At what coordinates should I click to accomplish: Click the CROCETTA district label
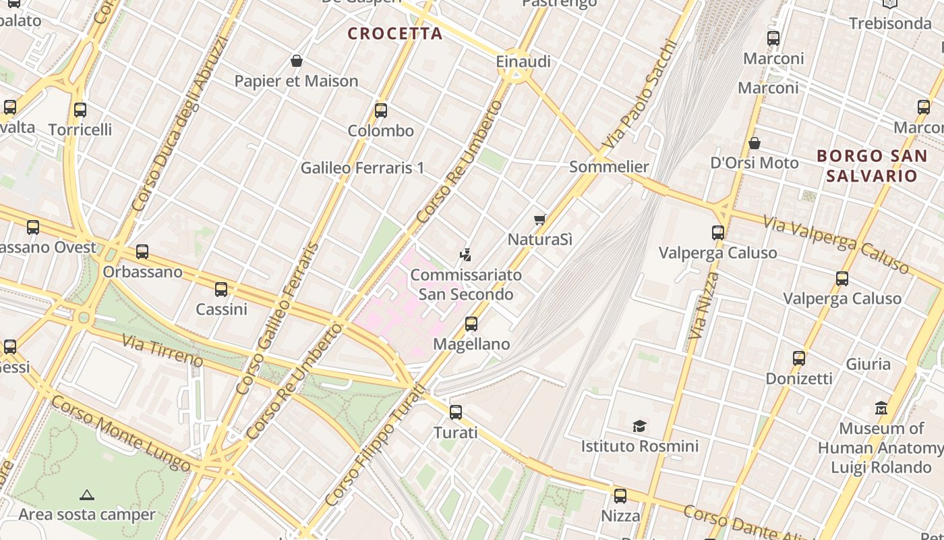pyautogui.click(x=395, y=33)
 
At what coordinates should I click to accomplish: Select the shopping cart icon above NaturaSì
pyautogui.click(x=539, y=219)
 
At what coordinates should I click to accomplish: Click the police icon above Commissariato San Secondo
pyautogui.click(x=465, y=254)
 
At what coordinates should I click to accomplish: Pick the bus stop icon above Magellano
pyautogui.click(x=471, y=324)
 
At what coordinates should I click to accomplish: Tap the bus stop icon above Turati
pyautogui.click(x=456, y=412)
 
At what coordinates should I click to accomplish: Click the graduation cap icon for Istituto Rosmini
pyautogui.click(x=639, y=426)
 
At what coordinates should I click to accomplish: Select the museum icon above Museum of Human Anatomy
pyautogui.click(x=881, y=408)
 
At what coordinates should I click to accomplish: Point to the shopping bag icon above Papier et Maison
pyautogui.click(x=296, y=61)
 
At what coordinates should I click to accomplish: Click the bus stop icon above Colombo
pyautogui.click(x=381, y=111)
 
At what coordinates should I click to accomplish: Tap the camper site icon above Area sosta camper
pyautogui.click(x=86, y=495)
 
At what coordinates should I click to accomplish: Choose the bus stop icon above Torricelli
pyautogui.click(x=80, y=109)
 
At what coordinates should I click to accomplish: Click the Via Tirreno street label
pyautogui.click(x=162, y=349)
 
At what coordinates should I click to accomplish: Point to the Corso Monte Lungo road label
pyautogui.click(x=121, y=433)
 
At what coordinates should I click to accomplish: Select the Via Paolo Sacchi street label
pyautogui.click(x=640, y=94)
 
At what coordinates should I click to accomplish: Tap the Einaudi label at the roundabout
pyautogui.click(x=523, y=61)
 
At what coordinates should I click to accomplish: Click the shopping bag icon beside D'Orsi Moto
pyautogui.click(x=755, y=143)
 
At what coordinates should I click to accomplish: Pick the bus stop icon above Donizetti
pyautogui.click(x=799, y=358)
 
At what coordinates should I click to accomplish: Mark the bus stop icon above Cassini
pyautogui.click(x=221, y=290)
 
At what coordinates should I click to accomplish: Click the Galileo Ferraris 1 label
pyautogui.click(x=362, y=167)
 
